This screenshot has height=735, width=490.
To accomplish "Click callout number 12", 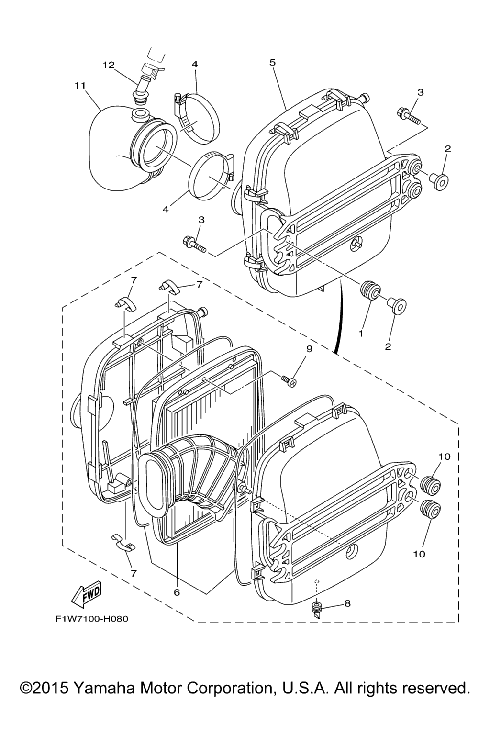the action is tap(108, 65).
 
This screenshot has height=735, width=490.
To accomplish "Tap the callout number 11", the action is tap(80, 86).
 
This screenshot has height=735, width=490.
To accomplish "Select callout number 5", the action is tap(273, 62).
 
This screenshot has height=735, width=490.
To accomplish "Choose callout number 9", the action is tap(309, 349).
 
